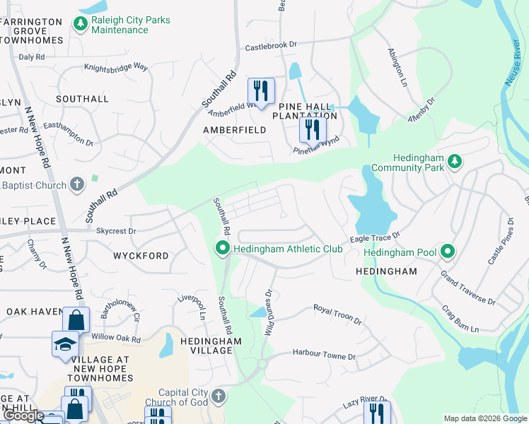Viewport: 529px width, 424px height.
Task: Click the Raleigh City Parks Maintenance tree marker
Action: coord(81,24)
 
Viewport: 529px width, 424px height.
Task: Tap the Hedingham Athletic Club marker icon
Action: coord(223,248)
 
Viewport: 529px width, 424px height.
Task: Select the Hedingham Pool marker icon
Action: coord(447,251)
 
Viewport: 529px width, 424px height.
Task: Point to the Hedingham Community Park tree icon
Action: coord(455,162)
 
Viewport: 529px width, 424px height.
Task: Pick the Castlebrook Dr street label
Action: coord(271,47)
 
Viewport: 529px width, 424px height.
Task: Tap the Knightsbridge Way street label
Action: coord(116,67)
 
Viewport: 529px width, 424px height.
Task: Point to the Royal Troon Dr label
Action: coord(338,314)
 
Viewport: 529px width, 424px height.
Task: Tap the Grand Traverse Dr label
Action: coord(467,288)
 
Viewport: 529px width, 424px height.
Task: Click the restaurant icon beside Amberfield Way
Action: coord(261,91)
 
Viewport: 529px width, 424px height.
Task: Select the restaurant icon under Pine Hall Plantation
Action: coord(310,130)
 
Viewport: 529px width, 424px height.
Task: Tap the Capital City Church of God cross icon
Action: coord(218,396)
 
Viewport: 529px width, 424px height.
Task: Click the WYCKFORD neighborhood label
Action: coord(141,256)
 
